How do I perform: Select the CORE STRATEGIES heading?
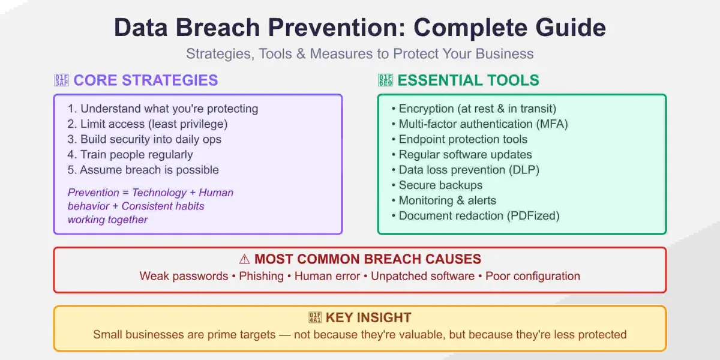click(x=145, y=80)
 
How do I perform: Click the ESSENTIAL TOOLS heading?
click(x=468, y=80)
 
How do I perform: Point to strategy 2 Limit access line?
click(x=148, y=124)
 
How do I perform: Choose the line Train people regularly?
click(x=130, y=155)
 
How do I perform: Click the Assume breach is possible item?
click(x=143, y=170)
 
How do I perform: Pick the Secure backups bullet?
click(x=440, y=185)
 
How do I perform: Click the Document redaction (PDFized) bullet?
click(x=479, y=216)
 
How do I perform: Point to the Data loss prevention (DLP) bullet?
click(x=469, y=170)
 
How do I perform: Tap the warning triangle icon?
click(x=244, y=259)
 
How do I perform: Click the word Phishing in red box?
click(x=261, y=276)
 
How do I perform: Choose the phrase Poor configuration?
click(x=533, y=276)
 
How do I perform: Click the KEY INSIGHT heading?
click(x=368, y=318)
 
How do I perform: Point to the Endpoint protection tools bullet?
click(x=463, y=139)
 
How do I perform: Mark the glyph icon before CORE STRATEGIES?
click(x=61, y=80)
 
